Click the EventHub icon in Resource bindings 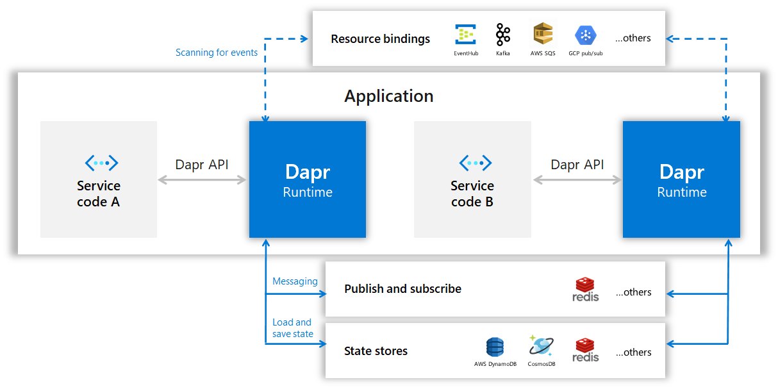(x=466, y=35)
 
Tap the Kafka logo (x=503, y=35)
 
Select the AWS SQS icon (x=543, y=34)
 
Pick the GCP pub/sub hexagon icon (x=585, y=35)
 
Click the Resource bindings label (x=380, y=39)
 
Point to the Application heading (x=389, y=96)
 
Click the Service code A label (x=99, y=194)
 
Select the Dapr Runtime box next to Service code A (x=308, y=179)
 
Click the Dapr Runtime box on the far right (x=681, y=179)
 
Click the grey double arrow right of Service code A (x=203, y=180)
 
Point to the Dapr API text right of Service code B (x=577, y=165)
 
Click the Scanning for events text (x=217, y=53)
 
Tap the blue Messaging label (x=295, y=281)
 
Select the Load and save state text (x=292, y=328)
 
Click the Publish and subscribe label (x=402, y=289)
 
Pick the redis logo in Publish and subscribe (x=585, y=289)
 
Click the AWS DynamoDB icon (x=495, y=347)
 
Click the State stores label (x=376, y=351)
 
